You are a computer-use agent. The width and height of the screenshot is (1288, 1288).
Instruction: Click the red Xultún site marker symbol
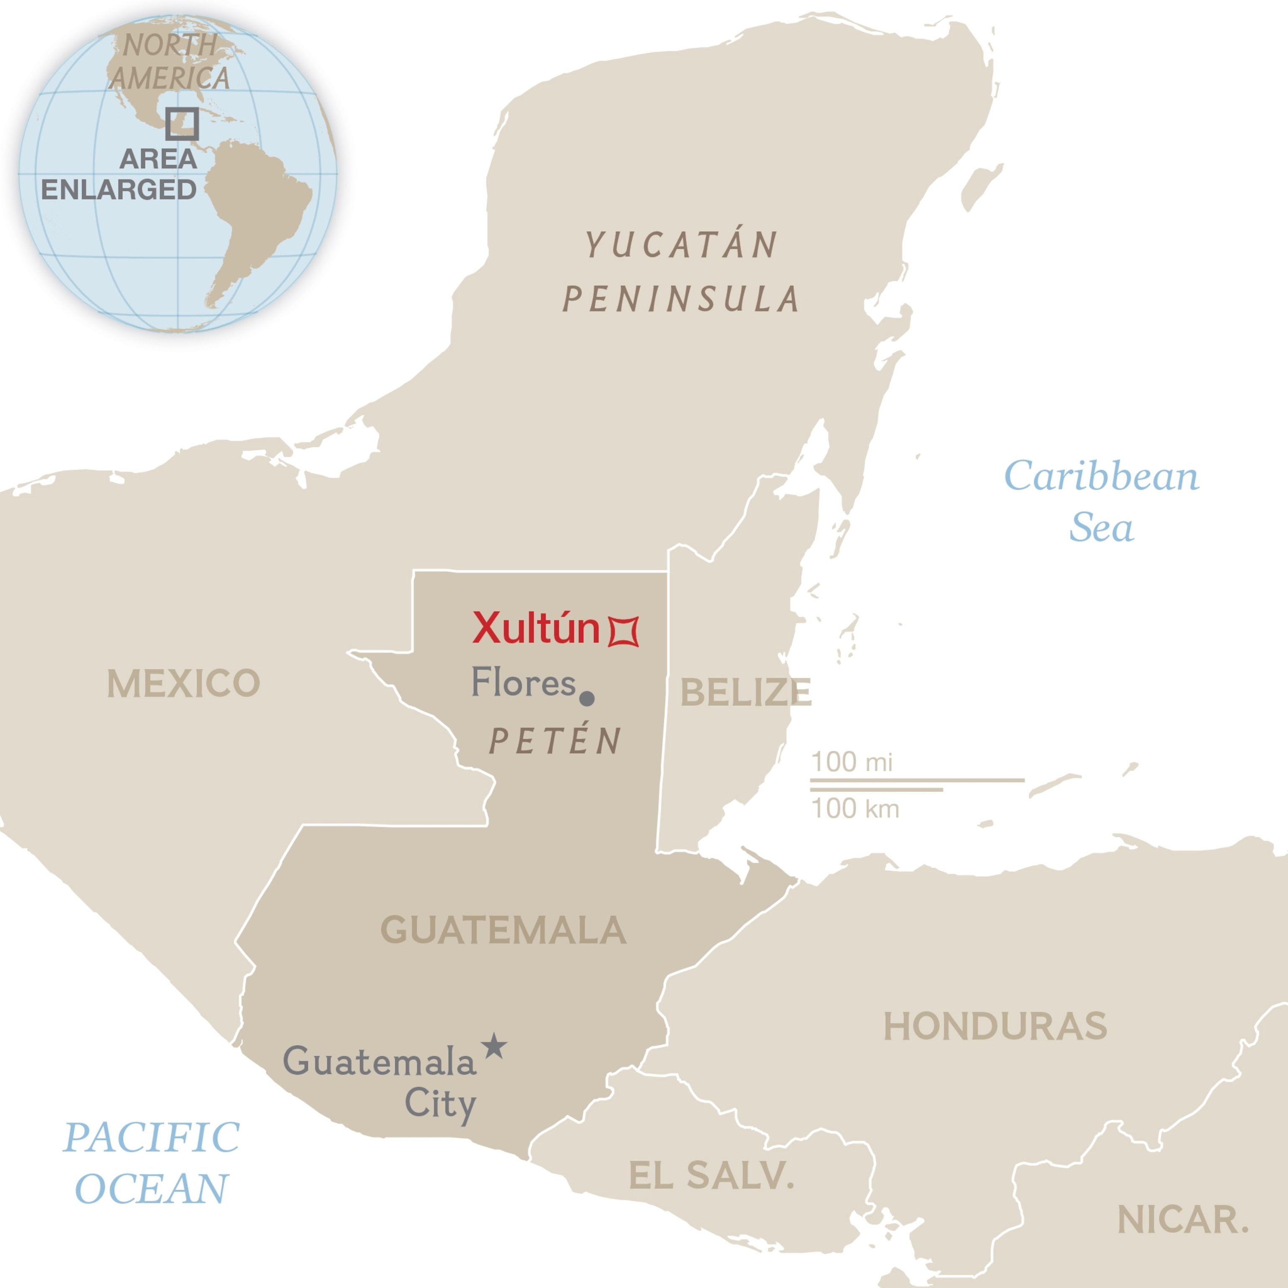point(623,631)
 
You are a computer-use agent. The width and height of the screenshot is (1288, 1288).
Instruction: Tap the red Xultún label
point(536,628)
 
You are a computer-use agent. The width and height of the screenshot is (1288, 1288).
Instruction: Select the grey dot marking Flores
point(587,698)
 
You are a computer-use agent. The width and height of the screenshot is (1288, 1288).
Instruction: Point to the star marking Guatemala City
point(493,1046)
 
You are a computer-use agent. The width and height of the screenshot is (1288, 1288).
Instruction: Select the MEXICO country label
point(183,683)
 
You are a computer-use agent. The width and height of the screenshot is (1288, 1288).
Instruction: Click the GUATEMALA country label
point(503,930)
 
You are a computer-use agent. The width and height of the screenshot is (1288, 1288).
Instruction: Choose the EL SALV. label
point(712,1175)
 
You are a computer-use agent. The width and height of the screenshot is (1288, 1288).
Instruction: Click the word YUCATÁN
point(681,245)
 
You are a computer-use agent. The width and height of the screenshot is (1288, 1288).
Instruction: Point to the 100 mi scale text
point(852,761)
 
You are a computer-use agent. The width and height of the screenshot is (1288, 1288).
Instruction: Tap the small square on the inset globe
point(182,124)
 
